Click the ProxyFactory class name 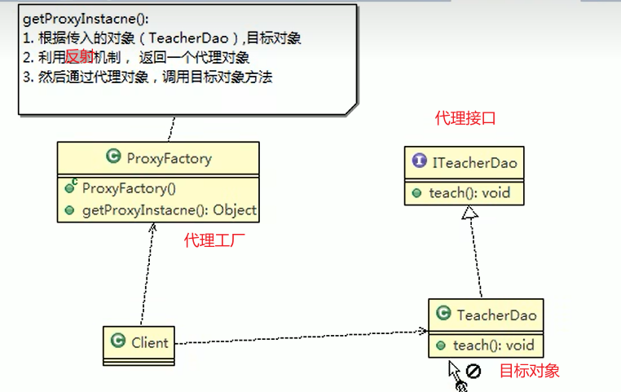click(x=169, y=158)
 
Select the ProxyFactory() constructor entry click(x=129, y=187)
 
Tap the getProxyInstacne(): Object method click(x=169, y=210)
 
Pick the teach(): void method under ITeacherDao click(x=469, y=193)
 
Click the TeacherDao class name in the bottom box click(x=496, y=315)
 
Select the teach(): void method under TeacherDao click(x=492, y=345)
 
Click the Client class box click(x=139, y=341)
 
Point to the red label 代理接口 click(x=465, y=119)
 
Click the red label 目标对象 click(x=530, y=371)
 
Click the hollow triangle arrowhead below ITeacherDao click(x=469, y=214)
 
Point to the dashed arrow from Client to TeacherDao click(x=302, y=337)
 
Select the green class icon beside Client click(x=117, y=342)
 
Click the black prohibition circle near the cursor click(x=473, y=371)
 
